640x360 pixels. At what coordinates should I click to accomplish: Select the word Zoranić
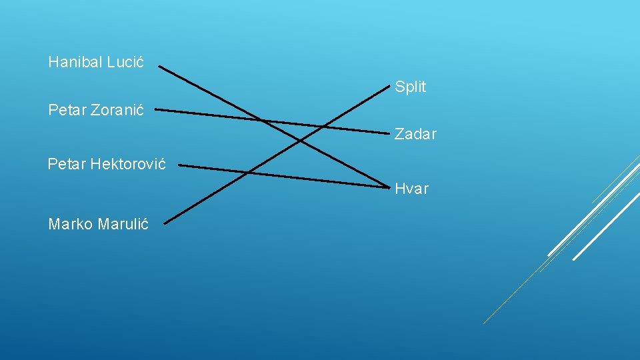coord(117,110)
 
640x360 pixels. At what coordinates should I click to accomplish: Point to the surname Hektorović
coord(128,163)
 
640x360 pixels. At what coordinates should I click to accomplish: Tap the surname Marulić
coord(123,224)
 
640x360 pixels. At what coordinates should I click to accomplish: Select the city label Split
coord(410,87)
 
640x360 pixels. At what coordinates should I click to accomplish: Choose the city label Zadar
coord(415,134)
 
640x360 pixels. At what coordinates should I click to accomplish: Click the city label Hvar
coord(411,189)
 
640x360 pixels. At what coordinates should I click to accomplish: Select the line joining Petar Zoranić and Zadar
coord(200,114)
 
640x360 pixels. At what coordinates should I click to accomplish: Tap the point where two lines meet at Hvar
coord(387,186)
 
